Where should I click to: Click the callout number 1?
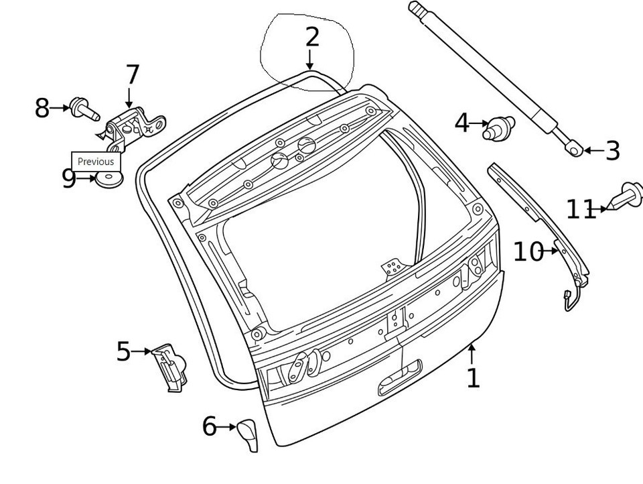(x=474, y=377)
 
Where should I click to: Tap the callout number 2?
(x=312, y=37)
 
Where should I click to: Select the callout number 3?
(x=612, y=151)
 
